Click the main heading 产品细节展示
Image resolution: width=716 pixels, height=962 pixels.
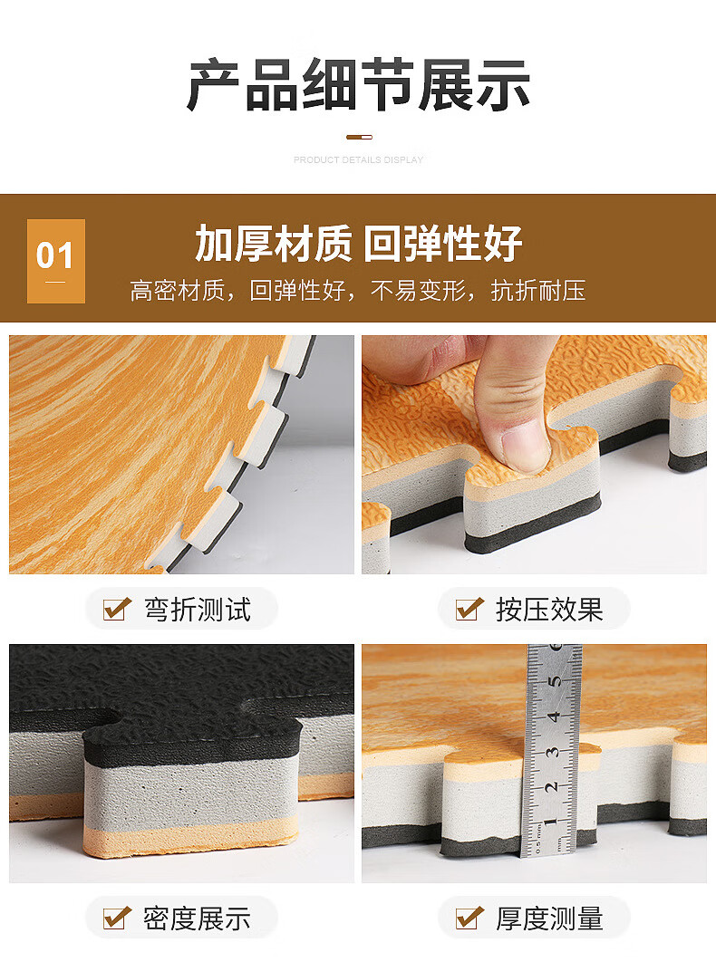click(359, 84)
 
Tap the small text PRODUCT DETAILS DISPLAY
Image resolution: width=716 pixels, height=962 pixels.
click(359, 160)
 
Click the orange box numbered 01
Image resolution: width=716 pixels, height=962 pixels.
click(56, 261)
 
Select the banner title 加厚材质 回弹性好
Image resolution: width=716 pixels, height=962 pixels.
click(359, 244)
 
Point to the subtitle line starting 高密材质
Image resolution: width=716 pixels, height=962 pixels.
click(358, 291)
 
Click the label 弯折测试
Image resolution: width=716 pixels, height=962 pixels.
click(198, 610)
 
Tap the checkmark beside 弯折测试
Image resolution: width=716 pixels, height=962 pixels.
click(117, 609)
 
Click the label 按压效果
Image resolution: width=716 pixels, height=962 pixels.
click(549, 610)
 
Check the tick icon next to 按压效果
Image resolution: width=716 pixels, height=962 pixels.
click(469, 609)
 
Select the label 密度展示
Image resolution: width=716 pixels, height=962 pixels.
click(197, 919)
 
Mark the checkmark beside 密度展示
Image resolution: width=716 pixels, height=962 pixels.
click(117, 918)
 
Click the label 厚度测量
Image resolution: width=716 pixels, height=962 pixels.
click(549, 919)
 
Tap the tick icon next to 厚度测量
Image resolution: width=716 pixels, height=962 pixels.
click(469, 918)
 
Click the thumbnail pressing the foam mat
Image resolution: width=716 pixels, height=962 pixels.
click(534, 455)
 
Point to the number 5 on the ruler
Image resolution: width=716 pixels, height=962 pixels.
click(555, 681)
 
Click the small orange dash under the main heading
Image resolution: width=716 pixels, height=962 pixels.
click(359, 138)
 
